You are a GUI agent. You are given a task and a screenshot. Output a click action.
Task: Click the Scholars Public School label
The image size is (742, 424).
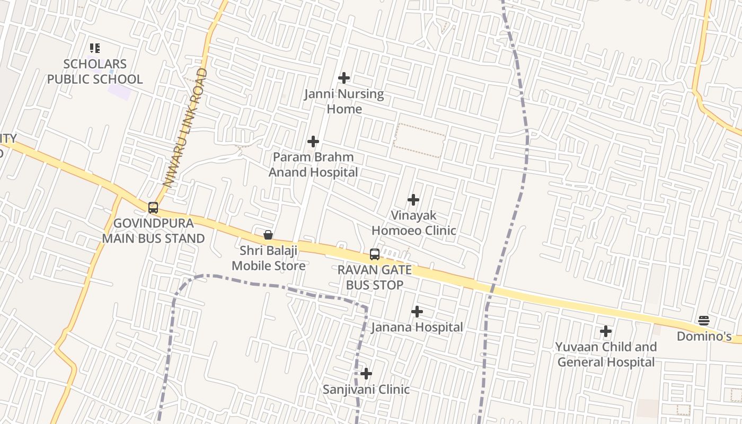[x=95, y=72]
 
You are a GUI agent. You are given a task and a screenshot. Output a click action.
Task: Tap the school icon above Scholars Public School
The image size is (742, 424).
[x=95, y=49]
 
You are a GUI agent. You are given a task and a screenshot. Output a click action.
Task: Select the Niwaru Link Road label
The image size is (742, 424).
[x=185, y=127]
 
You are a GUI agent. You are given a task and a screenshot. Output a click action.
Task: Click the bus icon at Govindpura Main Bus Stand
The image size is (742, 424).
[x=153, y=208]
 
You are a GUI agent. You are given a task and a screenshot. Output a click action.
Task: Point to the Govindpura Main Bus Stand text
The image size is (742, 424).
[x=153, y=231]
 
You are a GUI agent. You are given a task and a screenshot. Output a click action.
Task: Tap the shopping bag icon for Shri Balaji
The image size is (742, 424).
[x=268, y=235]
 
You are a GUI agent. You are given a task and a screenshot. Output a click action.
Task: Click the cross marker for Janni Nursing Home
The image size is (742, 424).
[x=344, y=78]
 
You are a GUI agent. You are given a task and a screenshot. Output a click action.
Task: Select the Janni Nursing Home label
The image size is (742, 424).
[x=344, y=101]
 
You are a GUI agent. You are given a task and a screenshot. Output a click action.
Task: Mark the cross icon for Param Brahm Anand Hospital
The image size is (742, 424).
[x=313, y=142]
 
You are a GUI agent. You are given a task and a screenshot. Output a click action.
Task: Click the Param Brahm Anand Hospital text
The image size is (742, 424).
[x=313, y=165]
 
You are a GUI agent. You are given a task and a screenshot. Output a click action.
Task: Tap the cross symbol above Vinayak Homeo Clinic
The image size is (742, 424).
[x=413, y=200]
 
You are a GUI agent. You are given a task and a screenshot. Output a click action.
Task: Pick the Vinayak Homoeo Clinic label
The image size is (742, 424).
[x=413, y=223]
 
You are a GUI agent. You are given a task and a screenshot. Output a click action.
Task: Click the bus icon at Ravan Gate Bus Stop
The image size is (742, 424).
[x=375, y=254]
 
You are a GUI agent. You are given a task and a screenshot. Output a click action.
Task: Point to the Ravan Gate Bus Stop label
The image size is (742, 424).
[x=375, y=277]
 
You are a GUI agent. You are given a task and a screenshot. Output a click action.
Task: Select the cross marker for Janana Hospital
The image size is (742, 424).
[x=417, y=312]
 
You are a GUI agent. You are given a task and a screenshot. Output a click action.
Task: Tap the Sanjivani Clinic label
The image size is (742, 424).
[x=366, y=390]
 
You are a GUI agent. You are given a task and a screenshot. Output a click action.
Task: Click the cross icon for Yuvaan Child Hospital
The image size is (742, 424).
[x=606, y=332]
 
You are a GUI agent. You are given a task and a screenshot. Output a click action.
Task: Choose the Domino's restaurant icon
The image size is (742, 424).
[x=704, y=320]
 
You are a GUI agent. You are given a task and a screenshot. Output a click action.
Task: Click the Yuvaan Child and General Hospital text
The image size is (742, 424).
[x=606, y=355]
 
